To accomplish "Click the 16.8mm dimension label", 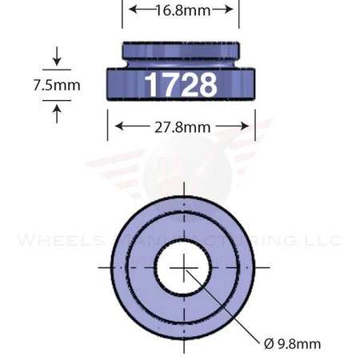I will coord(182,10).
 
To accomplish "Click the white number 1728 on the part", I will coord(180,84).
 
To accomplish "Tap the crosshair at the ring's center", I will coord(183,266).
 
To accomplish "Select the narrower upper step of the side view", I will coord(180,54).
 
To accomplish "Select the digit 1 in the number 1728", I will coord(150,84).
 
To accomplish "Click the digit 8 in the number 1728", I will coord(206,84).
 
